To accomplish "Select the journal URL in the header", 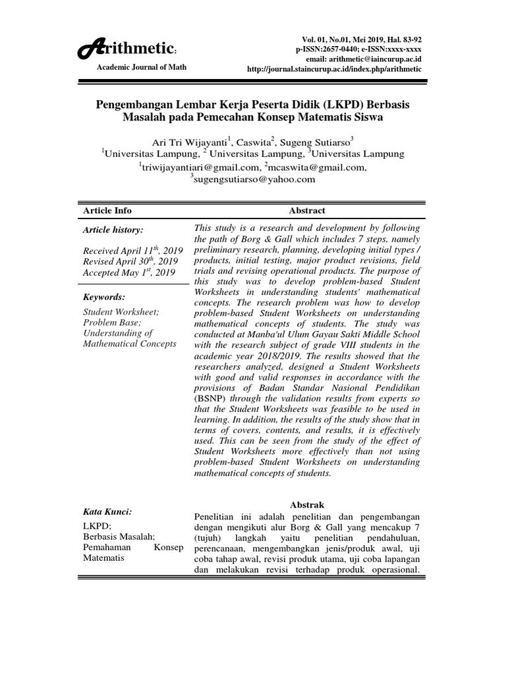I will click(x=334, y=68).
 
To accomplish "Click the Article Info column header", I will click(x=107, y=211).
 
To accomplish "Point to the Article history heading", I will click(x=112, y=230).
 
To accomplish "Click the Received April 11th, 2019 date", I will click(x=130, y=251).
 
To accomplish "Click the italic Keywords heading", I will click(x=104, y=298).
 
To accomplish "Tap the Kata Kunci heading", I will click(x=107, y=511).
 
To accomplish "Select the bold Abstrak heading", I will click(x=307, y=505).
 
